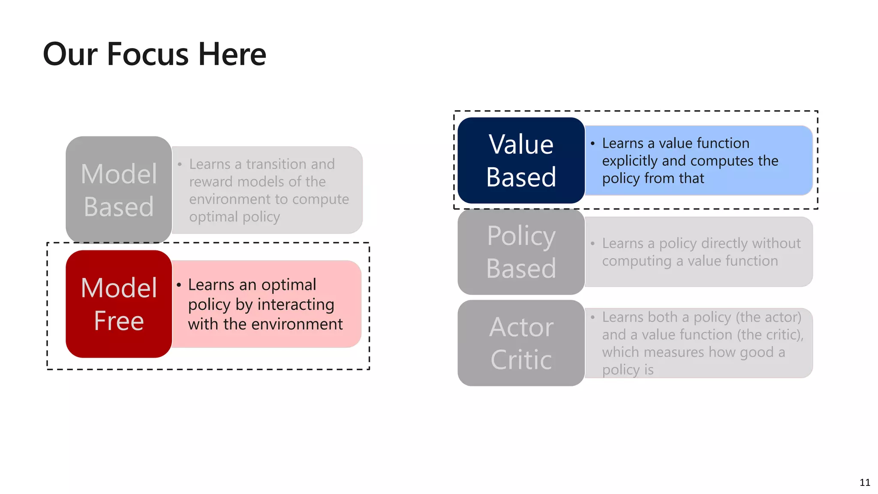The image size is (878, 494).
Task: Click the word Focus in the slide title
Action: [147, 54]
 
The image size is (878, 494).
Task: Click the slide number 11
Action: [865, 482]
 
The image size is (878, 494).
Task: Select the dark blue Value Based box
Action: [521, 160]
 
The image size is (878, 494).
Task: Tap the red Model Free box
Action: [119, 304]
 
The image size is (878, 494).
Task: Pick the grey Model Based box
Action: [119, 190]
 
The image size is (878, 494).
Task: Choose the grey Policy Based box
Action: [521, 252]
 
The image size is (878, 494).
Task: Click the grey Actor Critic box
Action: [521, 343]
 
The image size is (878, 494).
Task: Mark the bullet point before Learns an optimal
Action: [179, 285]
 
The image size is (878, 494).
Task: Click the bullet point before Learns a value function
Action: [592, 144]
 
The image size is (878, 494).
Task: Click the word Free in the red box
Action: [119, 321]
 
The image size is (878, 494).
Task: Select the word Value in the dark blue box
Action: [521, 145]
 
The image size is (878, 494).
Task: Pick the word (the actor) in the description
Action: [768, 317]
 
